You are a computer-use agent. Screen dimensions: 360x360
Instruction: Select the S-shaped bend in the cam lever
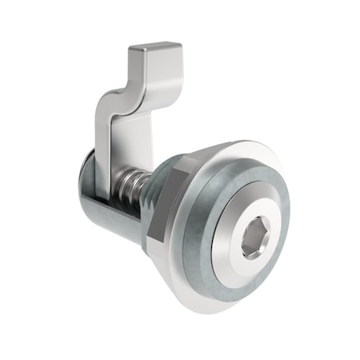click(x=120, y=92)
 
